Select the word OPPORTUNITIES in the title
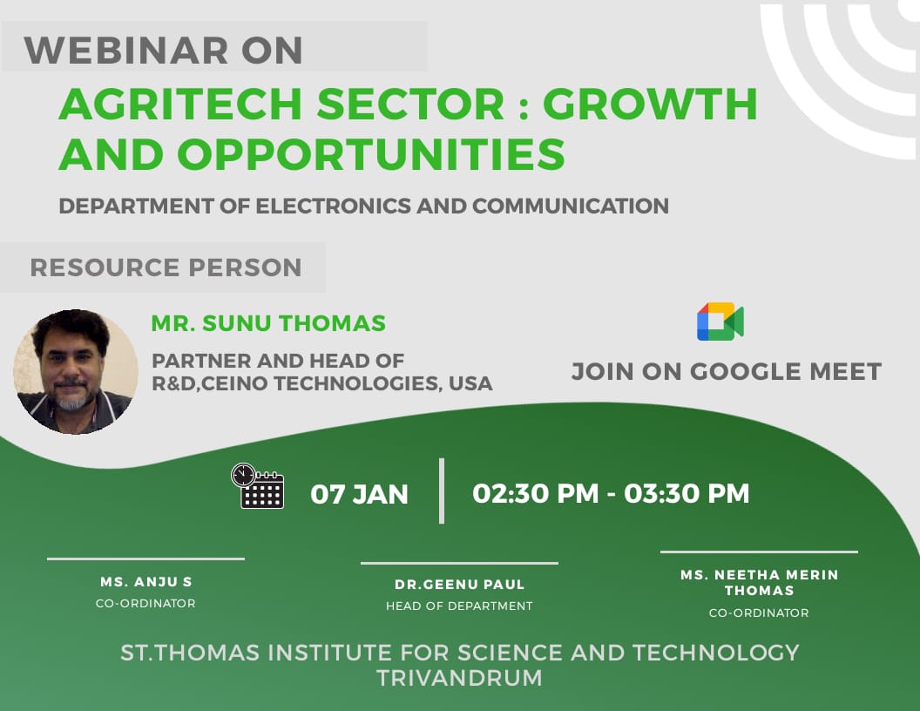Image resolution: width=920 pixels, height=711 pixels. point(371,153)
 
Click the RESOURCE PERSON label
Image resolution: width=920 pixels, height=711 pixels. point(166,267)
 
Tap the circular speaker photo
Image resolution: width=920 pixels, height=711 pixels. point(76,372)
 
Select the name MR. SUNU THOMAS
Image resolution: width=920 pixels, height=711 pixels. point(268,323)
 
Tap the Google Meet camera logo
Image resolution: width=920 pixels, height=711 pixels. point(720,322)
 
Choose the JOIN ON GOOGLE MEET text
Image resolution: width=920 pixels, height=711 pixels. point(727,371)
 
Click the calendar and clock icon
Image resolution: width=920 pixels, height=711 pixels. point(258,485)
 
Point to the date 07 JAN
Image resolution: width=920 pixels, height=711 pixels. point(359,494)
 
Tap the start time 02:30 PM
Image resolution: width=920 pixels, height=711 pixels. point(536,493)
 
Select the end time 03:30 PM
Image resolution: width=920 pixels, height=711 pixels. point(687,493)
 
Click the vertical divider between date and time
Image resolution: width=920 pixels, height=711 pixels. point(442,491)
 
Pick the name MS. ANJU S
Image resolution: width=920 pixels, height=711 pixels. point(146,582)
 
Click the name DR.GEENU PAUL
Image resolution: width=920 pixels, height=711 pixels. point(459,585)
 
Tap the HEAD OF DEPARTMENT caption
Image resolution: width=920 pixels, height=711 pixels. point(459,606)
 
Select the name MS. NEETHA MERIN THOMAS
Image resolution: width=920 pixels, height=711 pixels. point(759,583)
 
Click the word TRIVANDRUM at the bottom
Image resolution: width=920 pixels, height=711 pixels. point(459,678)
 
